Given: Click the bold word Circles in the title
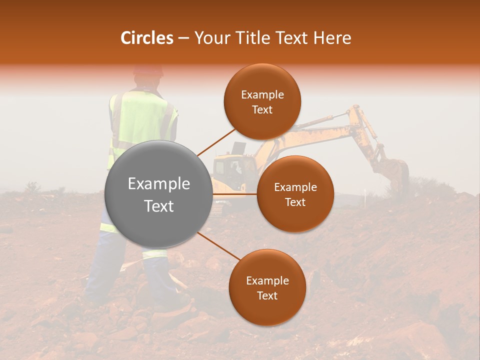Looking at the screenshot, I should tap(147, 38).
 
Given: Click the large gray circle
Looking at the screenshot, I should tap(159, 194).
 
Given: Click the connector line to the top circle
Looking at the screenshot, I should tap(216, 142).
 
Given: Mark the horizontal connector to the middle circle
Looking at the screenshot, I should tap(235, 194).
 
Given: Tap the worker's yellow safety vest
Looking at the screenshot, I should tap(142, 120).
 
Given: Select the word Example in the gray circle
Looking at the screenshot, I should tap(159, 184).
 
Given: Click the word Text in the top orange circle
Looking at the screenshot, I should tap(262, 110).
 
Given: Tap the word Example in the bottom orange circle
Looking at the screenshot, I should tap(267, 281).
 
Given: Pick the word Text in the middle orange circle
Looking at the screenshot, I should tap(295, 202).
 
